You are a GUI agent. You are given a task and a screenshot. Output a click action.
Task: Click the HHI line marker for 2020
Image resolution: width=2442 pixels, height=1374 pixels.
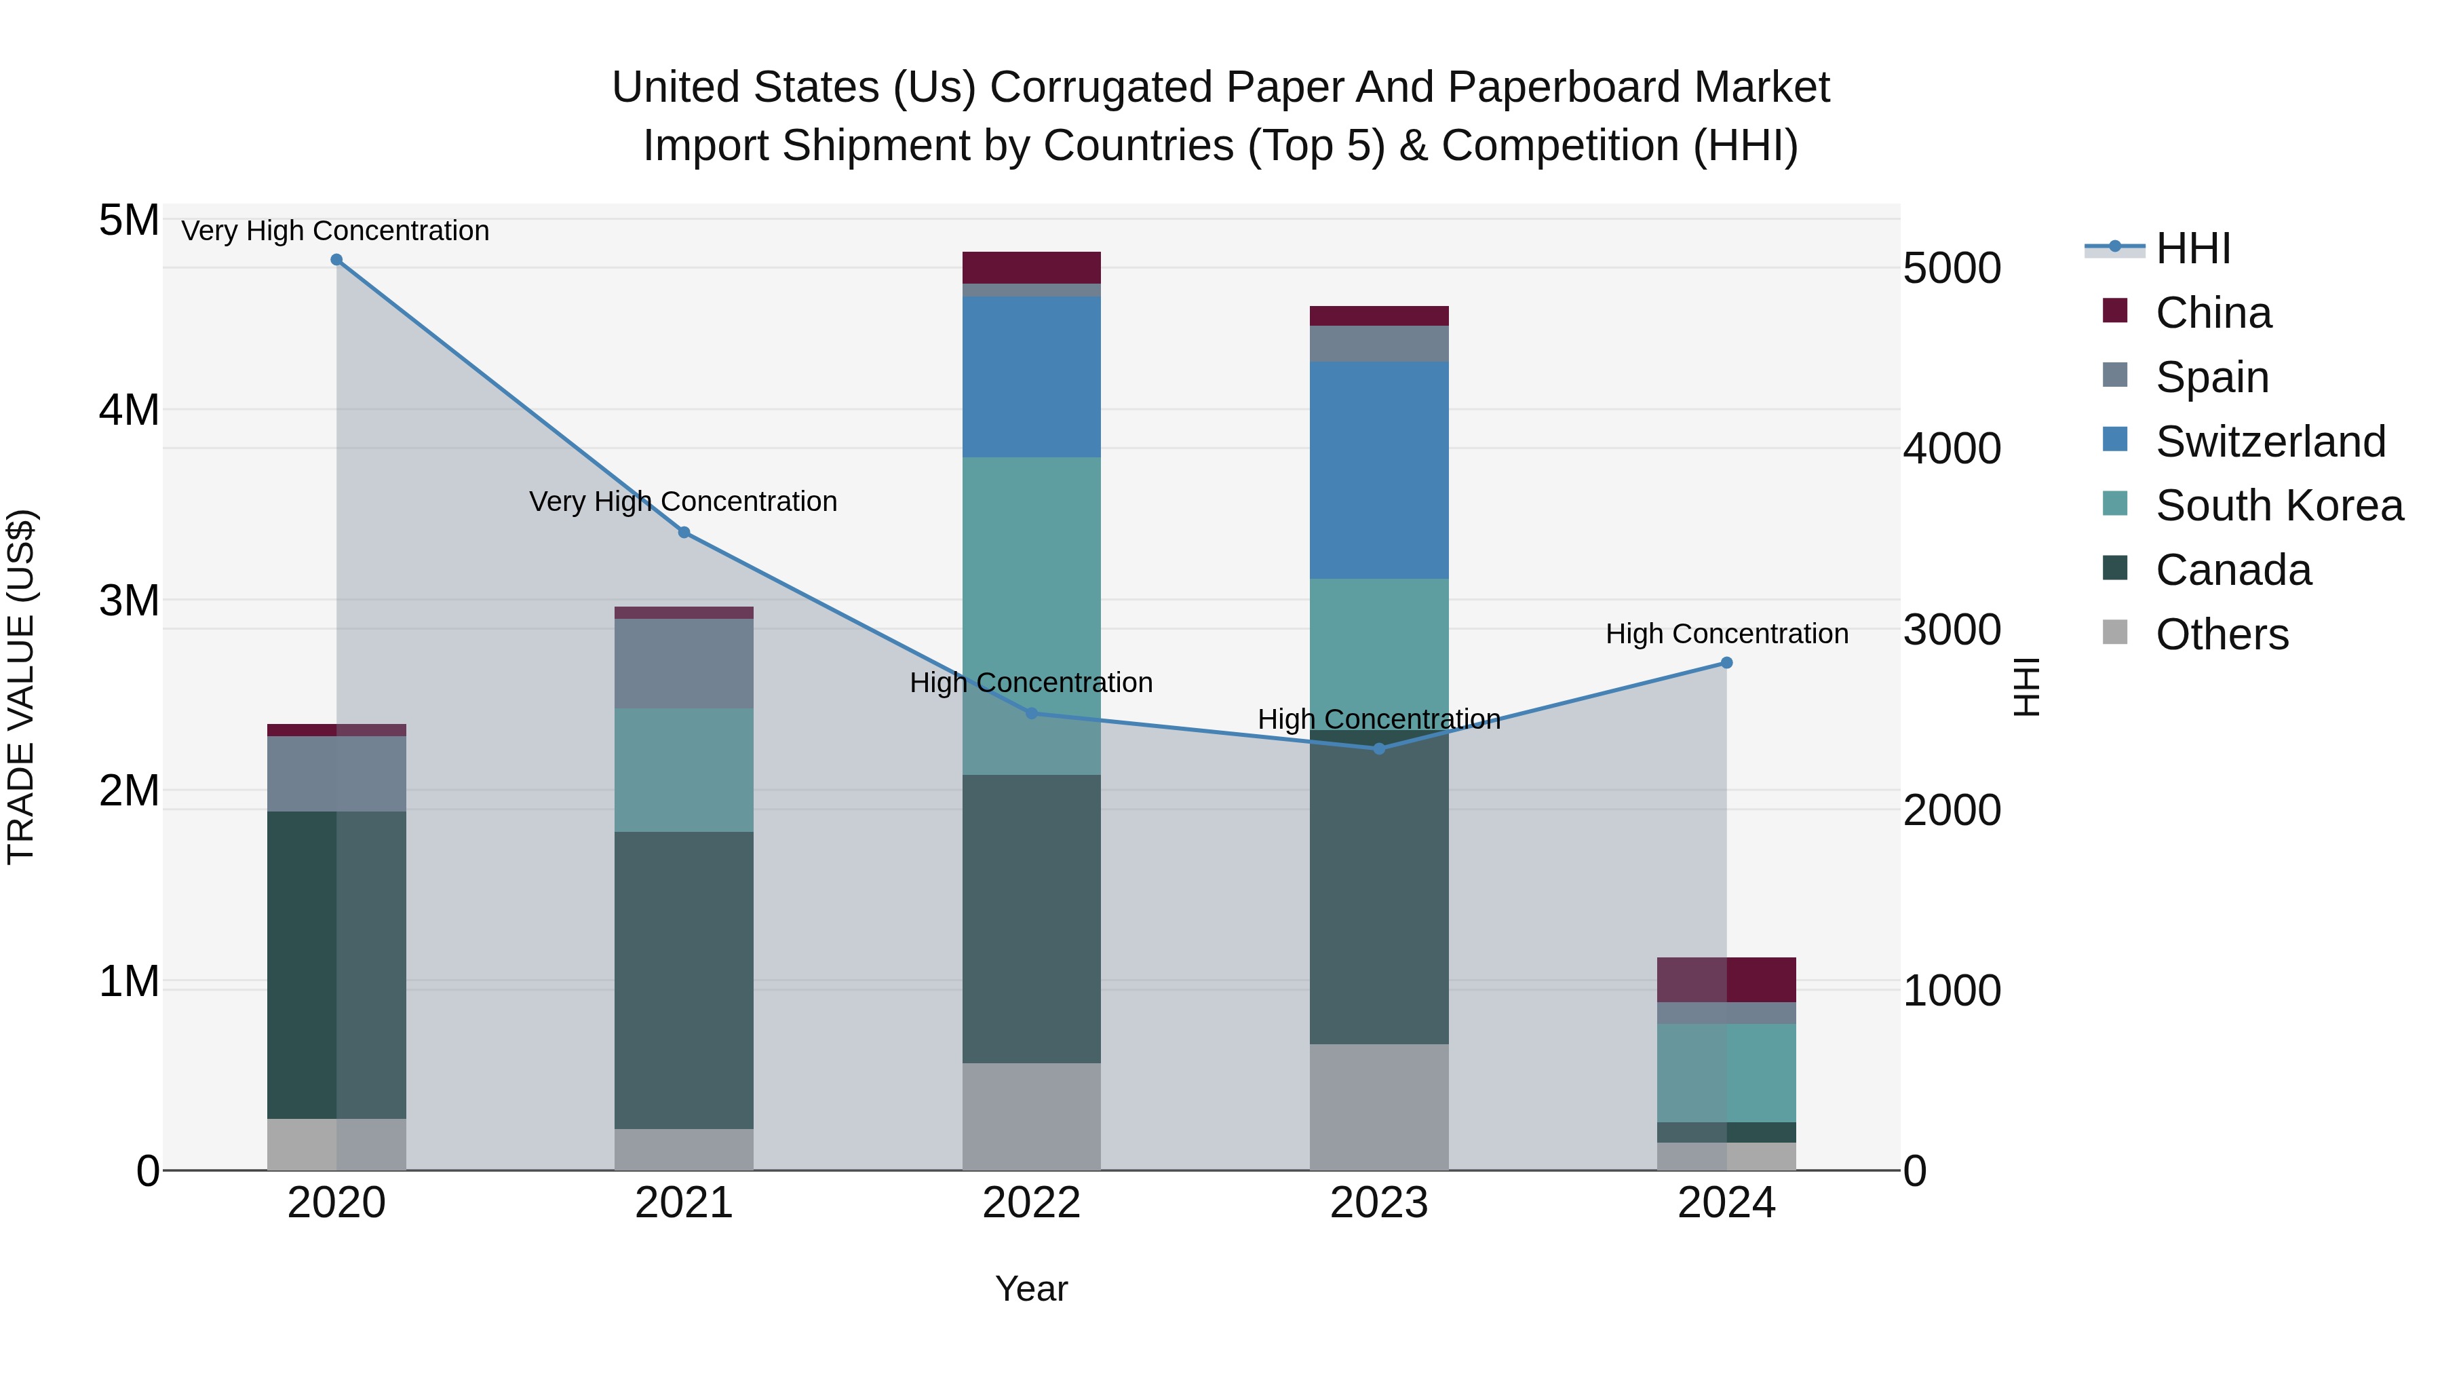(x=336, y=260)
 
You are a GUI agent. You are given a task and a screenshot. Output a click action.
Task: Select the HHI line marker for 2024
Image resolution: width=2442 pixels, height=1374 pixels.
(x=1726, y=663)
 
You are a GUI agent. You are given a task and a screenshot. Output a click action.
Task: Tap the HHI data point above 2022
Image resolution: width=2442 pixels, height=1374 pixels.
(x=1031, y=713)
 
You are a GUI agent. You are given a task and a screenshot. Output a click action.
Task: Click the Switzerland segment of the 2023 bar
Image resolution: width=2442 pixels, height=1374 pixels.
(x=1378, y=470)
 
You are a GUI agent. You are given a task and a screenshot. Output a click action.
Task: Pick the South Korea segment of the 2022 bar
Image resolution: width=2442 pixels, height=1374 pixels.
(x=1031, y=616)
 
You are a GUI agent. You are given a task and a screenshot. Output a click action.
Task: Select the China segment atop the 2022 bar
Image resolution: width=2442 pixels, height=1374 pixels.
(x=1031, y=267)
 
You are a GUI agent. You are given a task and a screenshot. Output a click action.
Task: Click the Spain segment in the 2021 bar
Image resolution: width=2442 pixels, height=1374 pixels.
(x=684, y=664)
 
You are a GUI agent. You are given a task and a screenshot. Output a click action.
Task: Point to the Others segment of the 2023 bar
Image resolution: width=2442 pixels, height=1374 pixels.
(x=1378, y=1107)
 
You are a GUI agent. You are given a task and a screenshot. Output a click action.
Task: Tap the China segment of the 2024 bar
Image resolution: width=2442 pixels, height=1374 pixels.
(x=1726, y=980)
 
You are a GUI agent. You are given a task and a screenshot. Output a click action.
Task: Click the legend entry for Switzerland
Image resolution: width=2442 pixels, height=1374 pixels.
(x=2270, y=442)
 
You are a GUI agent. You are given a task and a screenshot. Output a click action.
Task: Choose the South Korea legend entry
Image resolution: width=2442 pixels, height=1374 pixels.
(x=2279, y=505)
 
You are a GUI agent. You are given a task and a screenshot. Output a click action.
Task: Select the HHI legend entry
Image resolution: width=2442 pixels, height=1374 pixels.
(x=2192, y=248)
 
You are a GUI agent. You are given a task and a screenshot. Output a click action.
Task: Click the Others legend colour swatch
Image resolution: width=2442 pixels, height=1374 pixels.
(x=2115, y=632)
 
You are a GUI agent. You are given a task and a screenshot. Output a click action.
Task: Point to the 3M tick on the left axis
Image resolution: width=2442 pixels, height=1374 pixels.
(x=129, y=601)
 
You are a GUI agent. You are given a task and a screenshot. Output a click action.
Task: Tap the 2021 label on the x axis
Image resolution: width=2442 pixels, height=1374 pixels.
(x=684, y=1203)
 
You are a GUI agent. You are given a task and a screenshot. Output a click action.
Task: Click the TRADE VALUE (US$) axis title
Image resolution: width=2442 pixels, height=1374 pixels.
(x=21, y=687)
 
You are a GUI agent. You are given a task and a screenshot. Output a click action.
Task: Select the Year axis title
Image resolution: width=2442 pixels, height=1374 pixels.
(x=1031, y=1289)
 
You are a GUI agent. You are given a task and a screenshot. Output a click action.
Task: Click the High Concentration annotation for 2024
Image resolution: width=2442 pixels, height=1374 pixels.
(x=1726, y=634)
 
